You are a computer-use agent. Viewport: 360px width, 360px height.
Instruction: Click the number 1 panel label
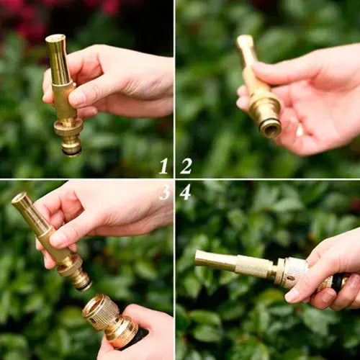pyautogui.click(x=164, y=166)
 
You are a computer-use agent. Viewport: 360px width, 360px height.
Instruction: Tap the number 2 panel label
pyautogui.click(x=186, y=166)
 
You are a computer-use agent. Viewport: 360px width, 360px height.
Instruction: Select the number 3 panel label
pyautogui.click(x=165, y=192)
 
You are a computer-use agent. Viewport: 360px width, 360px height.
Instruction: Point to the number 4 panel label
pyautogui.click(x=185, y=192)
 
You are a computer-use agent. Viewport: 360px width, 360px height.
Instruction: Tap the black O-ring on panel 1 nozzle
pyautogui.click(x=72, y=152)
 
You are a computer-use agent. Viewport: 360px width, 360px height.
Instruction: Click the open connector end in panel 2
pyautogui.click(x=271, y=128)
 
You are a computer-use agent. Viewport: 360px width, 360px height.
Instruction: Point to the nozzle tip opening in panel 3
pyautogui.click(x=19, y=198)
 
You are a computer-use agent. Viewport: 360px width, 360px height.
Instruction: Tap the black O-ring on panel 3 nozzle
pyautogui.click(x=84, y=286)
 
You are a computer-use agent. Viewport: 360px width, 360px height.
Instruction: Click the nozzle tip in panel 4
pyautogui.click(x=199, y=258)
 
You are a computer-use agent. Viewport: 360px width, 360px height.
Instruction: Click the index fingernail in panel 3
pyautogui.click(x=55, y=239)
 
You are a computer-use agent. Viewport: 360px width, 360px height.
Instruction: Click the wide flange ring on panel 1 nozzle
pyautogui.click(x=68, y=127)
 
